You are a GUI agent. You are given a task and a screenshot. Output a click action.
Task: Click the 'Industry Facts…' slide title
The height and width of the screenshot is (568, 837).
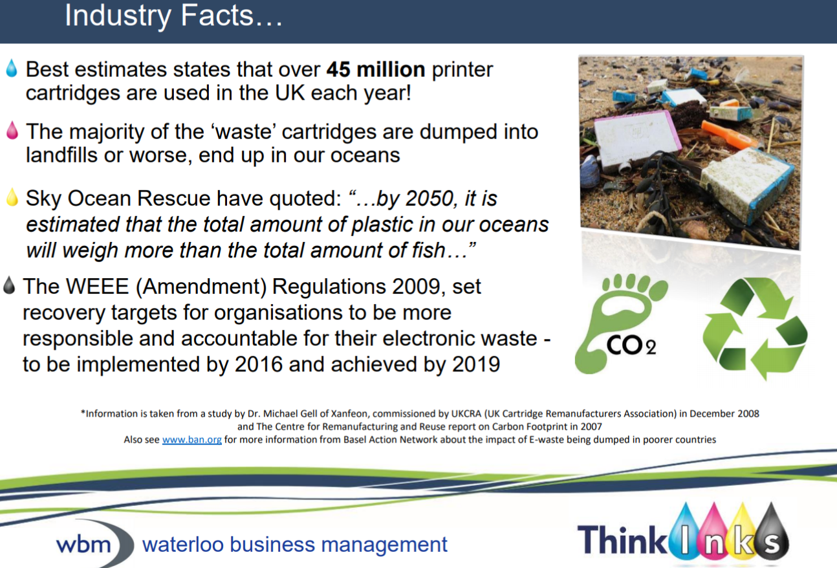click(x=173, y=16)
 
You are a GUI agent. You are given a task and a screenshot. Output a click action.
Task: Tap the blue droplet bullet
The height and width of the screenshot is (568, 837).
click(x=12, y=69)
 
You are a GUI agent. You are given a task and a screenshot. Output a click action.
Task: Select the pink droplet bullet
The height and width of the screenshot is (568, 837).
click(x=12, y=131)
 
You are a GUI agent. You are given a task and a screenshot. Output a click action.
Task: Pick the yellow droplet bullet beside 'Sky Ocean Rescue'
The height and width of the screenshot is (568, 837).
click(x=12, y=197)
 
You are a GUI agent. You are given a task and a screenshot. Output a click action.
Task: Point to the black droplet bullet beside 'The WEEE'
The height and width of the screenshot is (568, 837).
click(x=9, y=285)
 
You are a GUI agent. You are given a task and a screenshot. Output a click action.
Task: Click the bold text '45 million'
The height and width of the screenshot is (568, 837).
click(x=376, y=69)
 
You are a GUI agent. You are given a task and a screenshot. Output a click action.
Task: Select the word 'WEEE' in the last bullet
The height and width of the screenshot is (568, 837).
click(x=97, y=287)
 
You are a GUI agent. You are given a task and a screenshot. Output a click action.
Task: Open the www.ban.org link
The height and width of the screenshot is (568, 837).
click(x=191, y=440)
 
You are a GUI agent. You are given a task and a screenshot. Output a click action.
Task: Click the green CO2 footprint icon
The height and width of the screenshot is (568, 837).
click(x=621, y=323)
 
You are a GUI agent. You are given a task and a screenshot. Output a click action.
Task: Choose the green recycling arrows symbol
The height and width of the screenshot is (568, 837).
click(x=754, y=329)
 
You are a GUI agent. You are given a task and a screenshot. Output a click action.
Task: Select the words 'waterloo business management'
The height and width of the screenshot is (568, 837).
click(x=294, y=545)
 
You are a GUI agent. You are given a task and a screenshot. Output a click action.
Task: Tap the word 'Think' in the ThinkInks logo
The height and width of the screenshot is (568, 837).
click(x=622, y=540)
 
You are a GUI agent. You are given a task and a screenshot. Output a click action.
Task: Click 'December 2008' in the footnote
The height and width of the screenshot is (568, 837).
click(x=724, y=414)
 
